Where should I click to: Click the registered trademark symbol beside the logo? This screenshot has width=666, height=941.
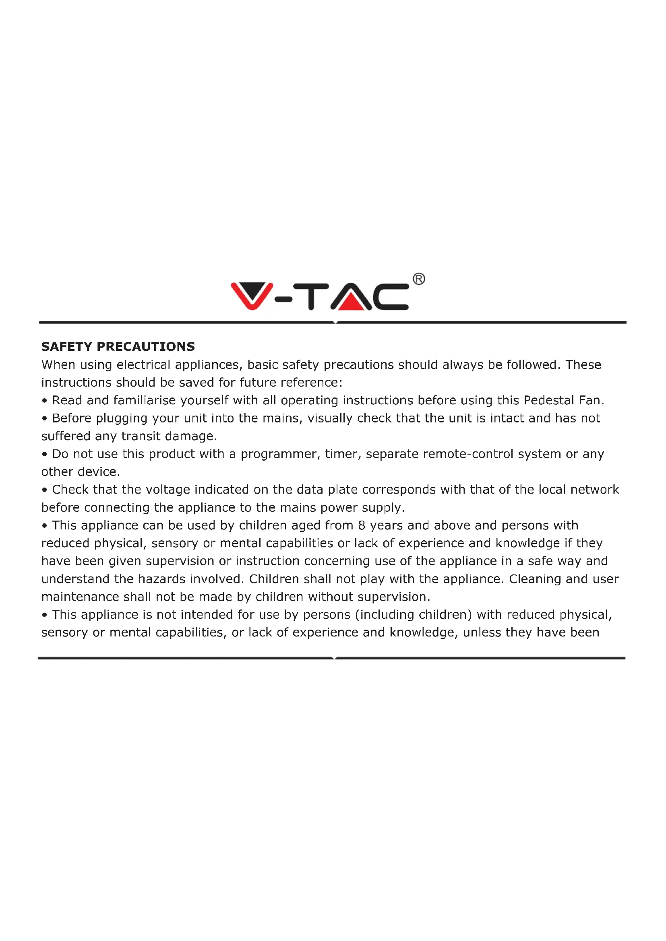(419, 279)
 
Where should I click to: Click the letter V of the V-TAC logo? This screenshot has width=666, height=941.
(252, 295)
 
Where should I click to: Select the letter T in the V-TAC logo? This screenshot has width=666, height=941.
(311, 296)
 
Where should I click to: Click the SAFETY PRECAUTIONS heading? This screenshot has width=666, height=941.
(118, 347)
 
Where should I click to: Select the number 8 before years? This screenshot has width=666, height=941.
(361, 525)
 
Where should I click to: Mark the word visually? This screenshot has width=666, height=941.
(330, 418)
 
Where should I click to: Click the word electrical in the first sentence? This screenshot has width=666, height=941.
(143, 364)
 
